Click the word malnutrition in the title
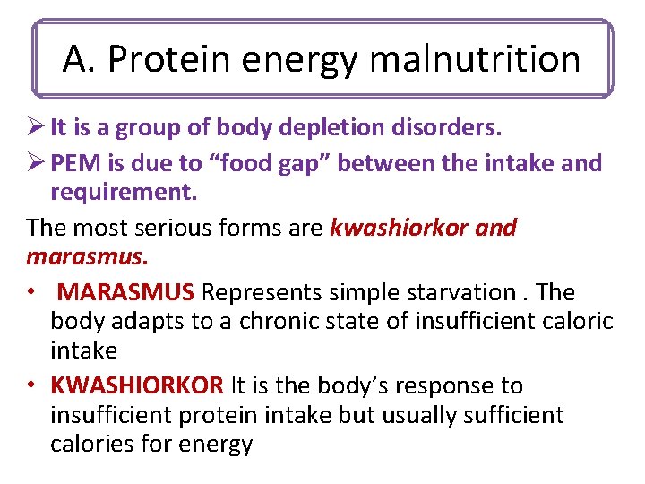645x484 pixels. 474,59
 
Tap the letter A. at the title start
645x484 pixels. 77,59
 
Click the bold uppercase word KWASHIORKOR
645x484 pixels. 137,386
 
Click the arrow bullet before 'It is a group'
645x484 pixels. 36,128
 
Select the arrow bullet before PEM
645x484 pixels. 36,163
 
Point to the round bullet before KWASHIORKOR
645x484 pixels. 31,387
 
